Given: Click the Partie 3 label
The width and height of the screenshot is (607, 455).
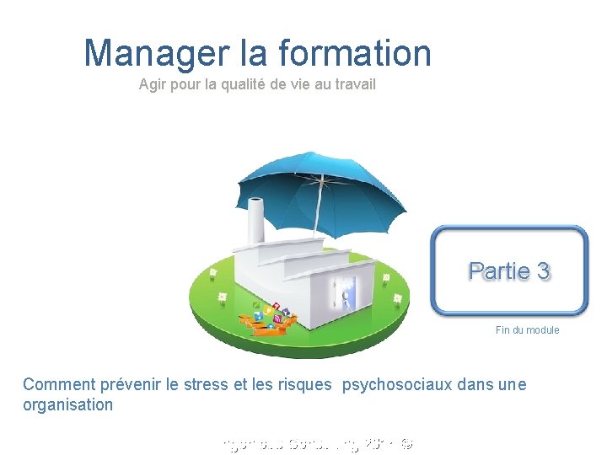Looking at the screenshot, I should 509,271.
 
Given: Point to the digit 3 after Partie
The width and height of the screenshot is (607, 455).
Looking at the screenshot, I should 543,271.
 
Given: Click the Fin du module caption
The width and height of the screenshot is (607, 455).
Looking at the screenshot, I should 527,330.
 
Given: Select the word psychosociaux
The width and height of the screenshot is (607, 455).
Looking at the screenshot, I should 396,385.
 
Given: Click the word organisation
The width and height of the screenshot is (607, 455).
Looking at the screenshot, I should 67,404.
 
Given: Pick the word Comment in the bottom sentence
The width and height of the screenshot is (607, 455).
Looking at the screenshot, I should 59,385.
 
